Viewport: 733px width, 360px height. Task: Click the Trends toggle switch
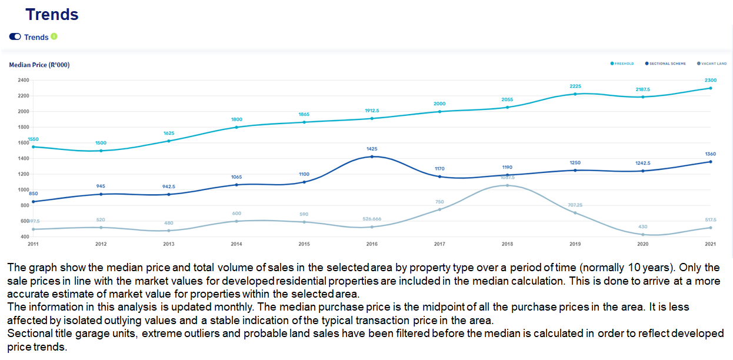[x=15, y=36]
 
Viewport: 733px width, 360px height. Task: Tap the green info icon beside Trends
[x=54, y=36]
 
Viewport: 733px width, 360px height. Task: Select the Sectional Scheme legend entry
[x=666, y=63]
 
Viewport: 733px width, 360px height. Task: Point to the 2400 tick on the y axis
[x=23, y=80]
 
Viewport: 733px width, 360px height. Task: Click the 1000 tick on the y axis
[x=23, y=190]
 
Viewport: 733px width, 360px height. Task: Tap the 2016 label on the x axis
[x=372, y=244]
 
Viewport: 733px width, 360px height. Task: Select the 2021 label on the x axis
[x=710, y=244]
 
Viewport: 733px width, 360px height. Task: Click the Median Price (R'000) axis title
[x=39, y=65]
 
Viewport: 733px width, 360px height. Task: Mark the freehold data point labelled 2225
[x=575, y=94]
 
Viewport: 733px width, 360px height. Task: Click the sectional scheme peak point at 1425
[x=372, y=156]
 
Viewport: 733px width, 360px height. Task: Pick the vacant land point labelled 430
[x=642, y=235]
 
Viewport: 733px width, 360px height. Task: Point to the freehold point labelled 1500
[x=101, y=151]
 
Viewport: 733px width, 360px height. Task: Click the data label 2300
[x=710, y=80]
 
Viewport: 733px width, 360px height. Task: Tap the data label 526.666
[x=372, y=219]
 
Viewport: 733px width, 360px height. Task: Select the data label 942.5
[x=169, y=186]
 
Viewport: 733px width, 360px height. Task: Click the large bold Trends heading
[x=52, y=15]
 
